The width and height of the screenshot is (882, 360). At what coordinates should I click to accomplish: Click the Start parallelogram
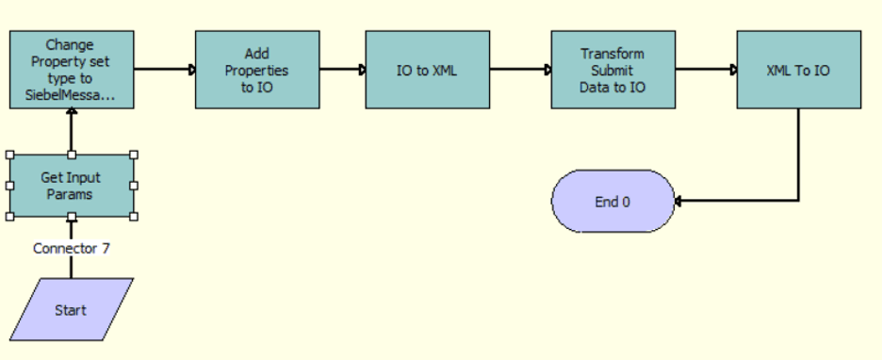coord(71,310)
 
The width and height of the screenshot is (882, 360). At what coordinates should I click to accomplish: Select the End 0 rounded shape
coord(612,202)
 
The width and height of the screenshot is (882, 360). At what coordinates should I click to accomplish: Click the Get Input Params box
coord(71,186)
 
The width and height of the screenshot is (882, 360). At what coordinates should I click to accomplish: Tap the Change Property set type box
coord(71,70)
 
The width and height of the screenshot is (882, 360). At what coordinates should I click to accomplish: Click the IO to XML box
coord(427,70)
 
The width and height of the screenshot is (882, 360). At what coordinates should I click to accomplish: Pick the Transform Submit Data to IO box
coord(612,70)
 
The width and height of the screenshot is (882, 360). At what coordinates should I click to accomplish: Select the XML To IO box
coord(799,70)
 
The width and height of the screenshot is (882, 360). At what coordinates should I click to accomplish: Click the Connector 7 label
coord(71,249)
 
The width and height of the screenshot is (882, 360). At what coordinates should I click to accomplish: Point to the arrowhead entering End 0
coord(680,201)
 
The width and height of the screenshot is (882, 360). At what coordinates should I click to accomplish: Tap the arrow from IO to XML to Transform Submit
coord(520,70)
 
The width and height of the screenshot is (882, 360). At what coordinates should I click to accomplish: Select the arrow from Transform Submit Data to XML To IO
coord(706,70)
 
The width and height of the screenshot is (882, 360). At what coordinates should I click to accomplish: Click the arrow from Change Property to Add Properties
coord(164,70)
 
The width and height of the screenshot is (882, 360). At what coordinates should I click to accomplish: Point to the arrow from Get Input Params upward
coord(71,131)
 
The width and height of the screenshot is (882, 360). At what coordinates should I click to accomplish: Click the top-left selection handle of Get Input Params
coord(9,155)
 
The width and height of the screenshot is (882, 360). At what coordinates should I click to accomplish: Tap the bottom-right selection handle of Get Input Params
coord(134,217)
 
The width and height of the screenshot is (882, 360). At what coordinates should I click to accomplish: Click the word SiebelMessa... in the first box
coord(72,95)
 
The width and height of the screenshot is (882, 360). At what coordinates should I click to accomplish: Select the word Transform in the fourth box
coord(612,54)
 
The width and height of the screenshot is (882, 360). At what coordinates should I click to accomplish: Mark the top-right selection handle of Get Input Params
coord(134,155)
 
